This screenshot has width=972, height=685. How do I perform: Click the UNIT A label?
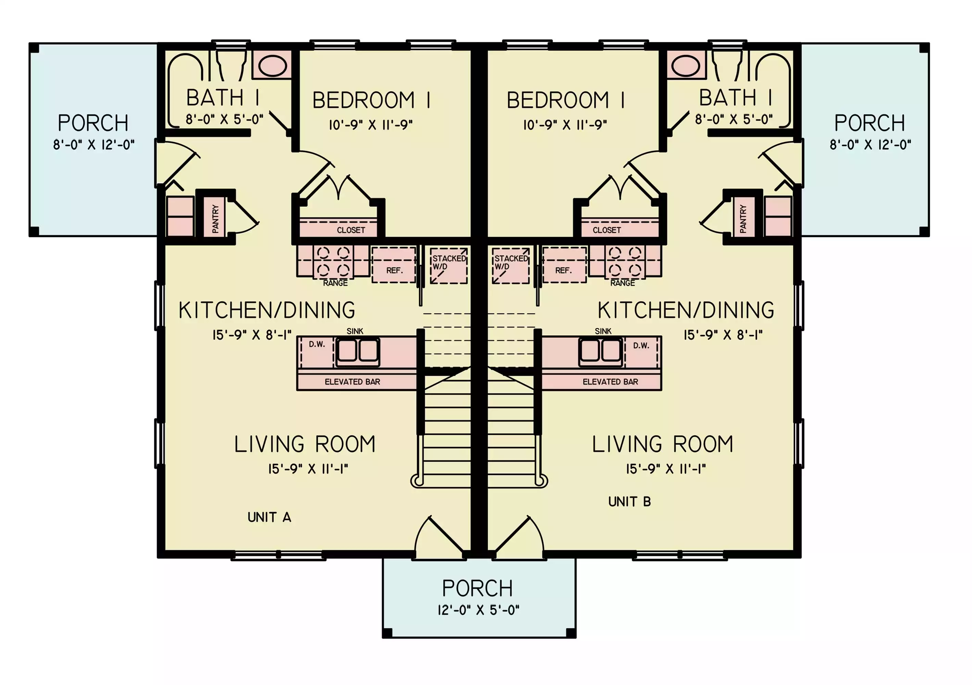pyautogui.click(x=269, y=517)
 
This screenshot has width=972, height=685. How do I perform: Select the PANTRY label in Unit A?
pyautogui.click(x=215, y=219)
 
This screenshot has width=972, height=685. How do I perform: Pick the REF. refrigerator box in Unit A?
pyautogui.click(x=394, y=265)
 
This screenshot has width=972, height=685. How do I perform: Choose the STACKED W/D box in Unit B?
pyautogui.click(x=511, y=266)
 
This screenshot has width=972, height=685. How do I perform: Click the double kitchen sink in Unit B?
pyautogui.click(x=601, y=351)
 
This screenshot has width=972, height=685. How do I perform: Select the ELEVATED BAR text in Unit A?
pyautogui.click(x=352, y=382)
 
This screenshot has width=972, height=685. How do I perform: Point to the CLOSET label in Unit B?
pyautogui.click(x=607, y=230)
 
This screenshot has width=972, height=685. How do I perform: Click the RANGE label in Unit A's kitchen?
pyautogui.click(x=335, y=283)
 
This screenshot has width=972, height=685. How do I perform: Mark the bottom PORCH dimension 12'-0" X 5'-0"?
pyautogui.click(x=478, y=610)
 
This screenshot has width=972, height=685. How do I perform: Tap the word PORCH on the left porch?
pyautogui.click(x=93, y=123)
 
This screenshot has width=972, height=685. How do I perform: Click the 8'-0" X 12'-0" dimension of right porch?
pyautogui.click(x=870, y=145)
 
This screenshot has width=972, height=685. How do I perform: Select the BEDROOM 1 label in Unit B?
pyautogui.click(x=566, y=100)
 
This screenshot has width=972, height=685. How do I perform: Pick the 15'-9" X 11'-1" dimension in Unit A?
pyautogui.click(x=308, y=469)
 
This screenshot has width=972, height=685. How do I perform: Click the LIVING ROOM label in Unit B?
pyautogui.click(x=662, y=444)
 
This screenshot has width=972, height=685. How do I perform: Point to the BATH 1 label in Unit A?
pyautogui.click(x=223, y=98)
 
